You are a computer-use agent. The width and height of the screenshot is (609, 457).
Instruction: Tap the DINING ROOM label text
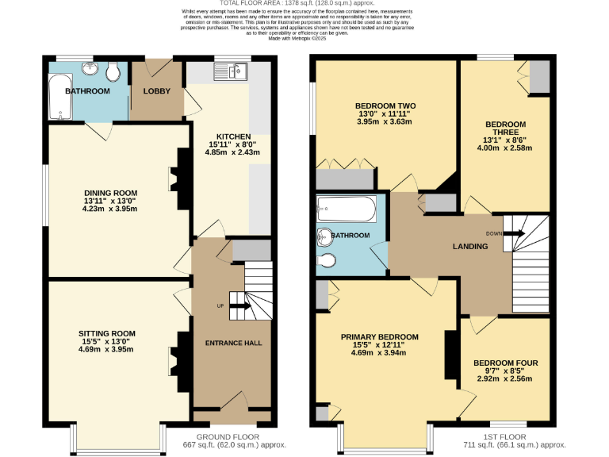111,192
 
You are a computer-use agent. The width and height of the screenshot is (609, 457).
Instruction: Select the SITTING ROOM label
106,333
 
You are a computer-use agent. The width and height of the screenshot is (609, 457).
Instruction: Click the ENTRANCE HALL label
234,343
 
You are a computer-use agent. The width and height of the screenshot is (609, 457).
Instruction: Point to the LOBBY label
156,91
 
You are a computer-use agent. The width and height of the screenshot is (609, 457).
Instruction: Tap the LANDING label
469,247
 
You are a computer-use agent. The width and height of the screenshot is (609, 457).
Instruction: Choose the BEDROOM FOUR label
507,363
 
